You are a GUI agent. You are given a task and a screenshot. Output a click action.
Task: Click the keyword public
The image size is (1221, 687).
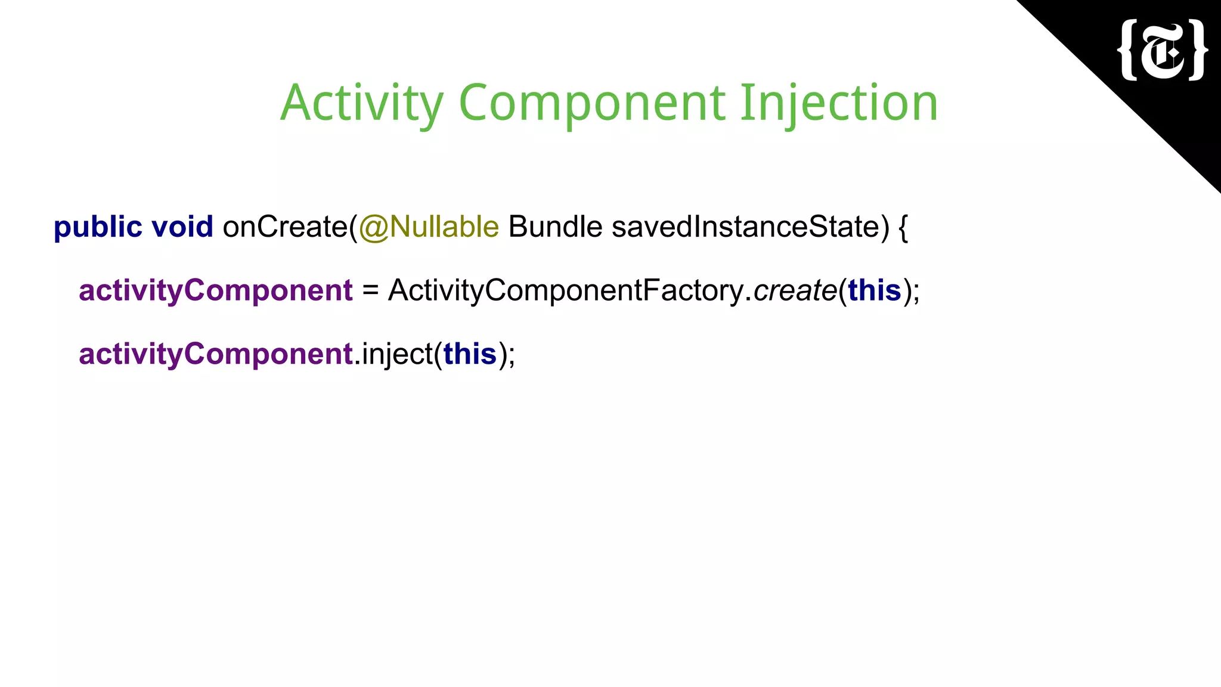(98, 227)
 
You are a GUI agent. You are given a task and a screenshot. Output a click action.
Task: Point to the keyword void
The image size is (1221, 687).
(182, 227)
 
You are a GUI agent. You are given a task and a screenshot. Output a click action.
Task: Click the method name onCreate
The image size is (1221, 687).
(285, 227)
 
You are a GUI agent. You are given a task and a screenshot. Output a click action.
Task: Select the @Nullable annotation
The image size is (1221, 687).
(429, 227)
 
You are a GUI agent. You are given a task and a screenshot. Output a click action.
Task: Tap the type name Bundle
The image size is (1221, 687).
(555, 227)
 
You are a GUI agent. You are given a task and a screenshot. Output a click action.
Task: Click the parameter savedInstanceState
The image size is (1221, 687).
(746, 227)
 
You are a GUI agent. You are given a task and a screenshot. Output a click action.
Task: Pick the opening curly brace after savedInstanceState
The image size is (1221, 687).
(903, 228)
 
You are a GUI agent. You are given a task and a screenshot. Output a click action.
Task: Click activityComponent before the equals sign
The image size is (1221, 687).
(216, 291)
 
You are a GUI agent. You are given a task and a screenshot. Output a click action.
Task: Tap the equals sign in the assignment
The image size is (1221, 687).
(370, 291)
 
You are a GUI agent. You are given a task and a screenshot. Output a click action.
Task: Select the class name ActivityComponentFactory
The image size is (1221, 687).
(565, 291)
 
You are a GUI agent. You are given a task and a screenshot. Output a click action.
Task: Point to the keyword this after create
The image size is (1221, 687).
(874, 290)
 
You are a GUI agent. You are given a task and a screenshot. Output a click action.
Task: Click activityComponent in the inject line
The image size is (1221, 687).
(216, 354)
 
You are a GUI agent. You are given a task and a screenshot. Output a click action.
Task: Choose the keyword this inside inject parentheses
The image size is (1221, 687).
(470, 354)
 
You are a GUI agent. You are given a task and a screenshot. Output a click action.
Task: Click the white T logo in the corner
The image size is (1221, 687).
(1163, 50)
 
